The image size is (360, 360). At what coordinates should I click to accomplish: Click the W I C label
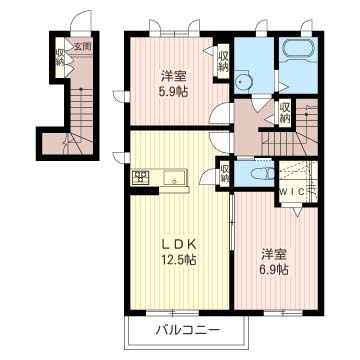pyautogui.click(x=293, y=190)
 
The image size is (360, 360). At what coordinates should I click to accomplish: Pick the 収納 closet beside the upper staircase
pyautogui.click(x=286, y=112)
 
